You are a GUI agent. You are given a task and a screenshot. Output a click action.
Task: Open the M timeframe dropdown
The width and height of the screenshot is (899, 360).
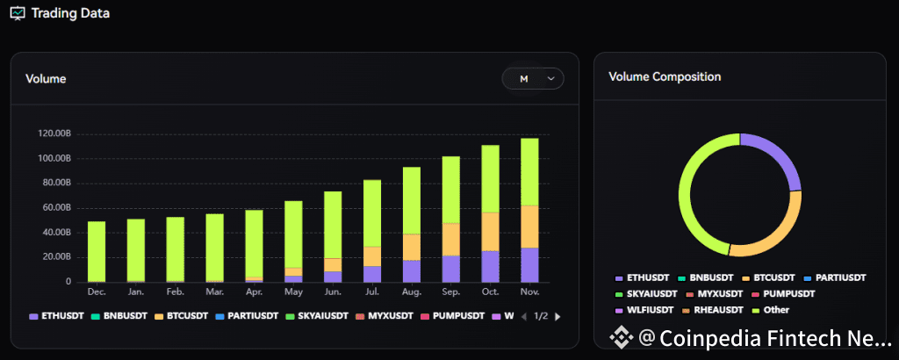tap(533, 79)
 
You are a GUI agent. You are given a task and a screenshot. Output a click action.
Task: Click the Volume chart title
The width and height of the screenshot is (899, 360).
tap(46, 79)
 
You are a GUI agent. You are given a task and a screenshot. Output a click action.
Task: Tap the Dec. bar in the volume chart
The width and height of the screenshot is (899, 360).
tap(97, 251)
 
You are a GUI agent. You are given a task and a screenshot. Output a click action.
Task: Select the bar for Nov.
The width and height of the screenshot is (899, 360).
tap(529, 211)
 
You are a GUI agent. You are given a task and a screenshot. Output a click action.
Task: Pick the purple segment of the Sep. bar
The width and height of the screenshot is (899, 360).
tap(451, 269)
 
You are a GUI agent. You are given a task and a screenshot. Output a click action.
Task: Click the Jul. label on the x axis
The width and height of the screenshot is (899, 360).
tap(372, 291)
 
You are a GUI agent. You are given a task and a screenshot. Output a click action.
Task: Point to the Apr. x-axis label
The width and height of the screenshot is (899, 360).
tap(254, 291)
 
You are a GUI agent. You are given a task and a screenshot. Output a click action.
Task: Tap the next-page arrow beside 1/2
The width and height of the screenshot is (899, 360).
tap(557, 316)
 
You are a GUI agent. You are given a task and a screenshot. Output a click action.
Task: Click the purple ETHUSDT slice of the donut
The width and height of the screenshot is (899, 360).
tap(773, 159)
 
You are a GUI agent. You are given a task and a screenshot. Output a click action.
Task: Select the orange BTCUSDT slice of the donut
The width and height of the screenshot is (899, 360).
tap(778, 232)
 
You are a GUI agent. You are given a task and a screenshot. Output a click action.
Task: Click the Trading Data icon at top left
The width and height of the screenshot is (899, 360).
tap(18, 13)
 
